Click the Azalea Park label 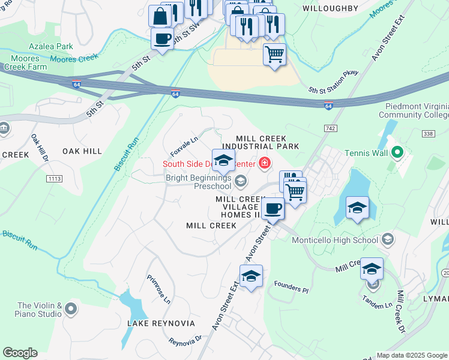(x=52, y=46)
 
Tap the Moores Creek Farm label (x=24, y=62)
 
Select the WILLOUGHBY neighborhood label (x=330, y=8)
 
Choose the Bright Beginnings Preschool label (x=199, y=182)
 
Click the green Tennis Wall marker (x=396, y=152)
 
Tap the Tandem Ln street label (x=381, y=305)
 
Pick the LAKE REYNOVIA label (x=161, y=323)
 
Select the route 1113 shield (x=55, y=179)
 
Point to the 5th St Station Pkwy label (x=333, y=82)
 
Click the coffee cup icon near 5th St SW (x=162, y=39)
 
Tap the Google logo (x=20, y=353)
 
